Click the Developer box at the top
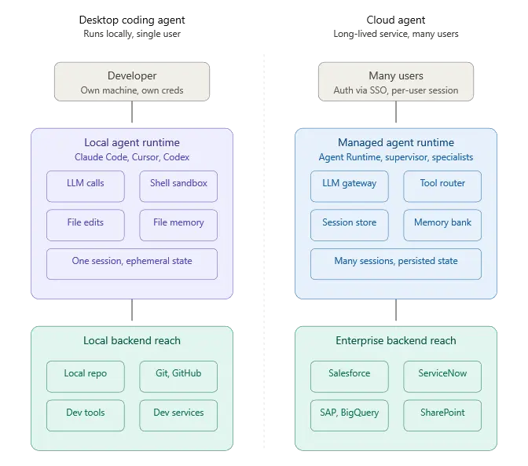(132, 82)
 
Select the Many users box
(396, 82)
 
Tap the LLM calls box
(86, 186)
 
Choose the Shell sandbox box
(178, 186)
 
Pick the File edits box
(86, 225)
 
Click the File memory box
(178, 225)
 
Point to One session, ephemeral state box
(132, 264)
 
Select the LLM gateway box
(350, 186)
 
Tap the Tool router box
(442, 186)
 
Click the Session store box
(350, 225)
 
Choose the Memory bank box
(442, 225)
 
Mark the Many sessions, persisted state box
(396, 264)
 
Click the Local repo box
(86, 376)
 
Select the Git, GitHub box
(178, 376)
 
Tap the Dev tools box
(86, 415)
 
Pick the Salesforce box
(350, 376)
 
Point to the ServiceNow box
(442, 376)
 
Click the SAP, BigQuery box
(350, 415)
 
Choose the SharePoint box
(442, 415)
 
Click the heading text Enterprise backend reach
(396, 341)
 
